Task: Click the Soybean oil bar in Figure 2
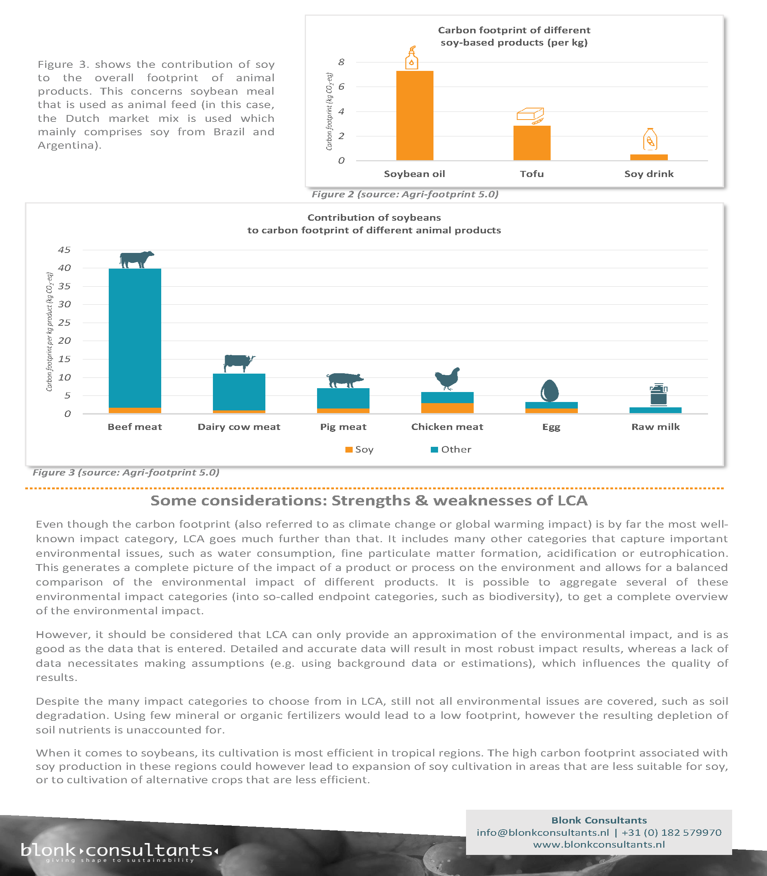[414, 116]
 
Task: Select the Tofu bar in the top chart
[532, 143]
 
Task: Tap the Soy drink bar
[648, 157]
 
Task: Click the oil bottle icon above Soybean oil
[411, 58]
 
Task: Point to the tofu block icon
[530, 115]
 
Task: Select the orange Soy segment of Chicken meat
[447, 408]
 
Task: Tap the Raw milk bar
[655, 410]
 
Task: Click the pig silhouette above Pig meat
[344, 379]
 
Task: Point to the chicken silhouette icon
[448, 378]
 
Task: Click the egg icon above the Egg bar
[549, 390]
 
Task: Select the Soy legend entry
[360, 449]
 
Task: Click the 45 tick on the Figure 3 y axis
[64, 250]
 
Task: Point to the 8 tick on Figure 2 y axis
[341, 62]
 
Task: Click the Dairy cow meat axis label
[239, 427]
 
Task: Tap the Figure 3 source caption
[126, 472]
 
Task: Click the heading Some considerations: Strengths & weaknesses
[369, 500]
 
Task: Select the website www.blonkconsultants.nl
[599, 844]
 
